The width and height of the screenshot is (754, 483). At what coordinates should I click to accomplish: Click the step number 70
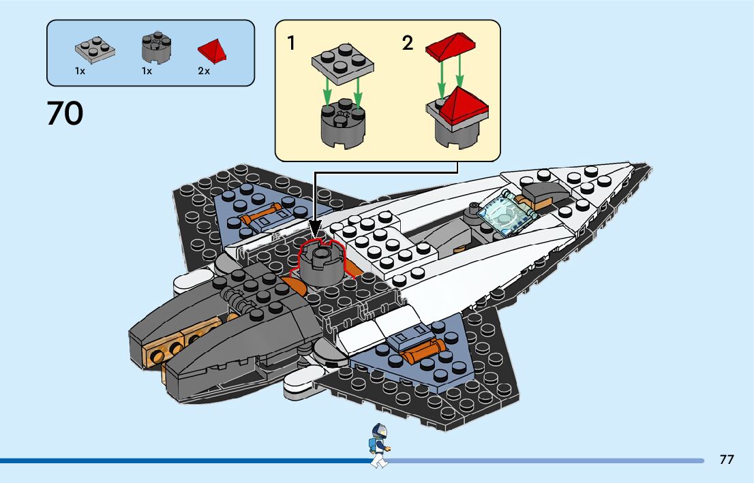tap(65, 114)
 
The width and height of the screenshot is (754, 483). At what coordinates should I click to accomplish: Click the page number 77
tap(727, 460)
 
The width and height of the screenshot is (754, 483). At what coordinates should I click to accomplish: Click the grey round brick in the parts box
tap(155, 48)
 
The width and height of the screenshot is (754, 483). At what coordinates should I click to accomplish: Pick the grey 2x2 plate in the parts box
tap(94, 49)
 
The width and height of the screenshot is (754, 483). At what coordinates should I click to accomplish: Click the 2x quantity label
tap(203, 71)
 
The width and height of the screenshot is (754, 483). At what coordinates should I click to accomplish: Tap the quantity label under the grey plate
tap(80, 71)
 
